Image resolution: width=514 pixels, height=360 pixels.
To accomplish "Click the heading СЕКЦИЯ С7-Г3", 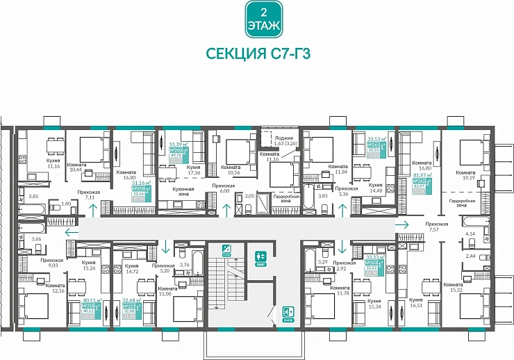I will click(256, 54).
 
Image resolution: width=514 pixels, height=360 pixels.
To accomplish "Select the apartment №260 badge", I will click(179, 154).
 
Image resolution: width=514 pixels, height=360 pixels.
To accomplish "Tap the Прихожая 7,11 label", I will click(89, 195).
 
